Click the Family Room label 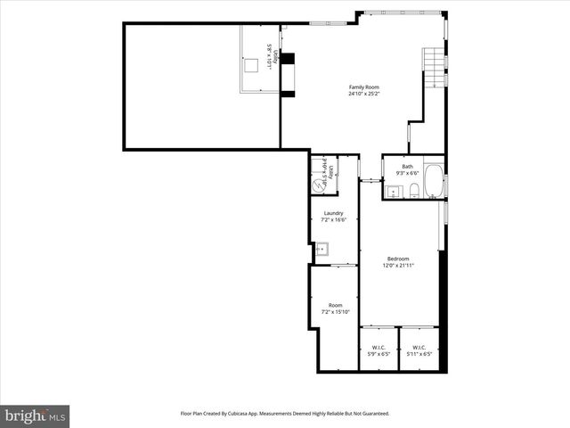[x=364, y=86]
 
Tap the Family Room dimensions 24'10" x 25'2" [x=364, y=94]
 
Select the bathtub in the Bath [x=433, y=182]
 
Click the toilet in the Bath [x=414, y=189]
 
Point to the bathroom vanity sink [x=393, y=190]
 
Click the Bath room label [x=407, y=167]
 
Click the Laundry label [x=334, y=213]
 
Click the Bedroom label [x=398, y=259]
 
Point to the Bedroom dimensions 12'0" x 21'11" [x=398, y=266]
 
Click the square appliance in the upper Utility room [x=253, y=65]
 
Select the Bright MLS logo [x=36, y=415]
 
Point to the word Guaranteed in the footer [x=372, y=414]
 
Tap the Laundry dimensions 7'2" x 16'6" [x=334, y=220]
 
